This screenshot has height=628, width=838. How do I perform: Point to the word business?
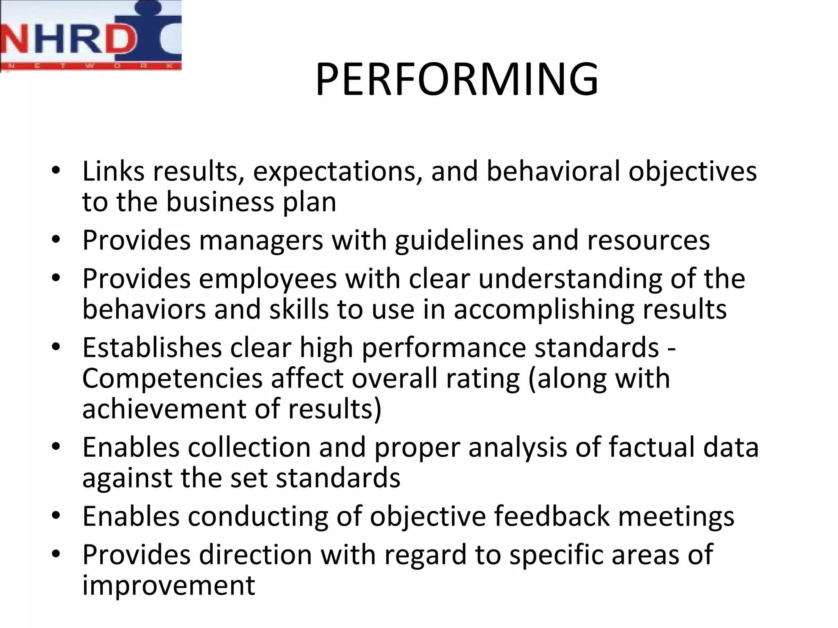tap(220, 202)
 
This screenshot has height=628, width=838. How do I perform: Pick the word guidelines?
tap(459, 240)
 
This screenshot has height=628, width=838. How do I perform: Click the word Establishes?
tap(152, 348)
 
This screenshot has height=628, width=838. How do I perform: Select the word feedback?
tap(552, 516)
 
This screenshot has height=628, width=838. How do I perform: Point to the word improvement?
tap(169, 585)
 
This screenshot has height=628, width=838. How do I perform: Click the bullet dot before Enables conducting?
tap(56, 515)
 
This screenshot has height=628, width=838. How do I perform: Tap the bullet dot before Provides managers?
tap(56, 239)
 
